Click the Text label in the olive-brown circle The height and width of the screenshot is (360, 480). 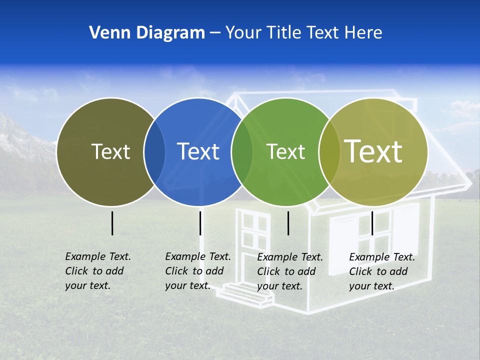110,151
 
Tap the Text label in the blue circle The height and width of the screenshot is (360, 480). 198,151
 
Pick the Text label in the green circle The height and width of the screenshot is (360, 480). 285,151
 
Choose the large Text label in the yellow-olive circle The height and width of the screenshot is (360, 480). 373,151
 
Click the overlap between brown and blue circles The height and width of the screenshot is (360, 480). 154,152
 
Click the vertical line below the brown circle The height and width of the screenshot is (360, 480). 112,223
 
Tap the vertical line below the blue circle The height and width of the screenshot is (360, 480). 200,223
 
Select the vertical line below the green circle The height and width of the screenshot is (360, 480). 288,223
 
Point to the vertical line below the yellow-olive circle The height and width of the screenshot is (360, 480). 372,223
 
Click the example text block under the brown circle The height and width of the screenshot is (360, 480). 97,271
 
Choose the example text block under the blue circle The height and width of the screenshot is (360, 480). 197,271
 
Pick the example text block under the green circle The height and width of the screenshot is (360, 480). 289,271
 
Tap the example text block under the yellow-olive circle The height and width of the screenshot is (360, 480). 381,271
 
